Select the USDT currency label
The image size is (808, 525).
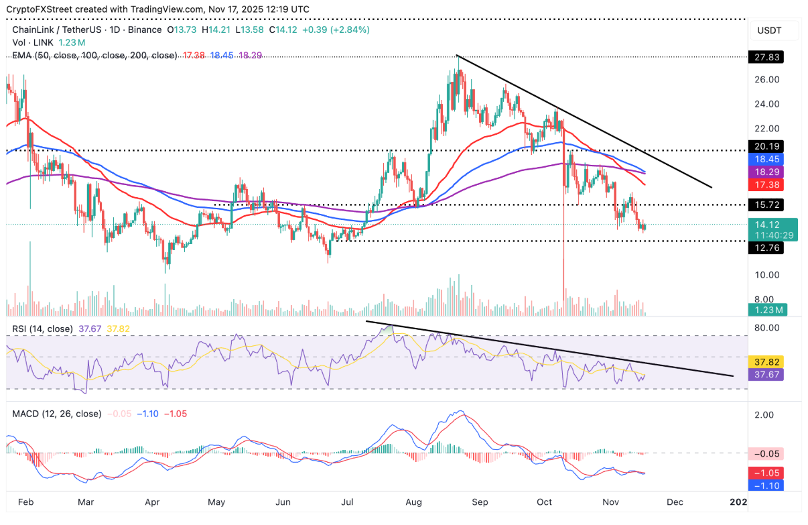768,31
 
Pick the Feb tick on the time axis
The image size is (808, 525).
25,501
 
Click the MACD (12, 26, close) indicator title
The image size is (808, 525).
56,414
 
